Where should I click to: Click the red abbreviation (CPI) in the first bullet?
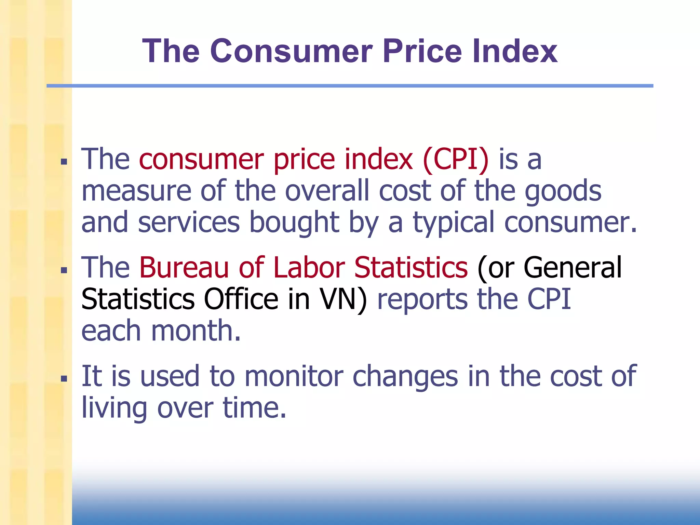(x=456, y=160)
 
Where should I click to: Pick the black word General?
(x=573, y=267)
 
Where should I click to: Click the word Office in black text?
(x=241, y=299)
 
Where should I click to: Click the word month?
(x=196, y=331)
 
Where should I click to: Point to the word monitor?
(x=294, y=376)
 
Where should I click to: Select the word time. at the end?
(x=254, y=408)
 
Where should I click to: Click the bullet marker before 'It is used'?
(x=64, y=379)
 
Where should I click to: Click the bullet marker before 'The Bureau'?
(x=64, y=270)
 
